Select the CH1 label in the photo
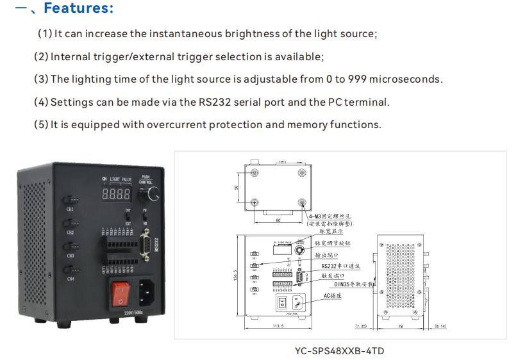[x=71, y=209]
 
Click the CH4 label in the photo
[x=71, y=279]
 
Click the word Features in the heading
[x=78, y=9]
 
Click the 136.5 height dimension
[x=236, y=275]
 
